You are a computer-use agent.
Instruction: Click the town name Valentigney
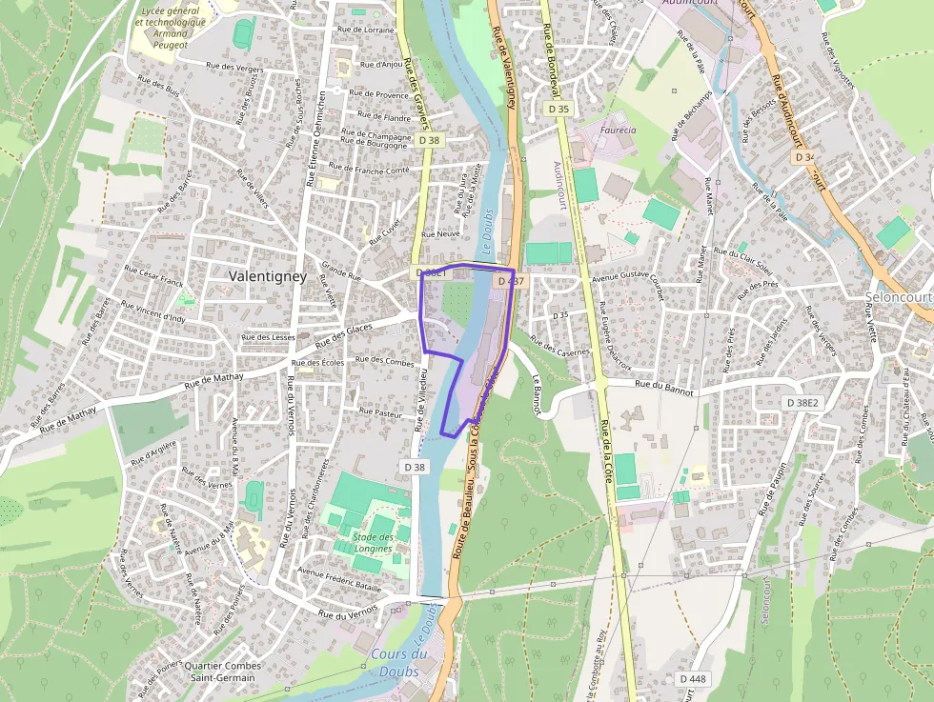click(x=267, y=276)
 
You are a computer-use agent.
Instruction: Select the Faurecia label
click(x=618, y=130)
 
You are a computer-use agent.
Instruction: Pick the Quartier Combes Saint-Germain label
click(x=220, y=672)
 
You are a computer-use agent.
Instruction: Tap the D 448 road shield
click(x=693, y=678)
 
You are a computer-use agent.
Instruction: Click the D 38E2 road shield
click(x=802, y=403)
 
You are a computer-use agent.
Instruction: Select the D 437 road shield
click(x=510, y=281)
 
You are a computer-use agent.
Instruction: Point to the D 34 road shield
click(x=804, y=157)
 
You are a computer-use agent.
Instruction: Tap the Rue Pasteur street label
click(x=380, y=412)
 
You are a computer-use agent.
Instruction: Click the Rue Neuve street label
click(x=440, y=233)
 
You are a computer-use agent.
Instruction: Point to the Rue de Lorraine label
click(x=365, y=30)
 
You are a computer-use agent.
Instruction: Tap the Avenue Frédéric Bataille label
click(x=339, y=572)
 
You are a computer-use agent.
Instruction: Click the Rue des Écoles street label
click(x=318, y=363)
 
